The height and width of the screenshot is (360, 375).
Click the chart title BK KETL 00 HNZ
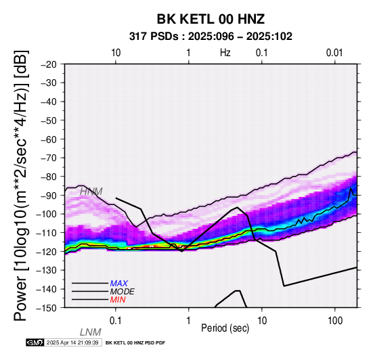(211, 19)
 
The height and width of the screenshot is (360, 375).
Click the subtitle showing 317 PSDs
(211, 37)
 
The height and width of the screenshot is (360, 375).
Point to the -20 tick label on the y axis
(49, 64)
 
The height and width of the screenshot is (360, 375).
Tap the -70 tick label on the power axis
(49, 158)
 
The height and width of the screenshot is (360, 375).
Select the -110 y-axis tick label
(46, 232)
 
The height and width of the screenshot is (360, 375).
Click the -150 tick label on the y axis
(46, 308)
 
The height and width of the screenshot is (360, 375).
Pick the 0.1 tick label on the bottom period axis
(115, 321)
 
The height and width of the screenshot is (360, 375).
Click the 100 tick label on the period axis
(335, 321)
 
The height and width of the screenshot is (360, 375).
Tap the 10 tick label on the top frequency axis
(116, 53)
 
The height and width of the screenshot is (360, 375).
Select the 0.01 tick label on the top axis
(334, 53)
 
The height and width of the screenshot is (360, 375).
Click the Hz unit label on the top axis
(225, 53)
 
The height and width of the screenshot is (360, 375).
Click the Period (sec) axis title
(225, 328)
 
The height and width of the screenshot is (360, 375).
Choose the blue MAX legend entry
(118, 284)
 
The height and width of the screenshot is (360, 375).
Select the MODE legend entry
(122, 292)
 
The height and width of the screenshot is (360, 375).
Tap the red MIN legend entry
(118, 300)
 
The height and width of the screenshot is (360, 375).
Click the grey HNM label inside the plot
(91, 192)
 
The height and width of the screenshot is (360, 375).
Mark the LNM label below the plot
(91, 332)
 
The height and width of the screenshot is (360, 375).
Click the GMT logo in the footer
(35, 342)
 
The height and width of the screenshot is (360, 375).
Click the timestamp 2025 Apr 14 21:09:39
(72, 342)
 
